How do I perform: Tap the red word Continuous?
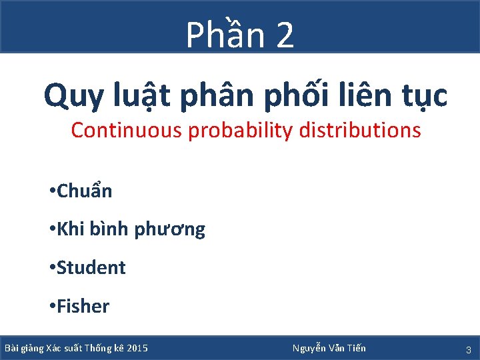[x=127, y=130]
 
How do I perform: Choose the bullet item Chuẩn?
[x=84, y=192]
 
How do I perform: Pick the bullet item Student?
[x=91, y=267]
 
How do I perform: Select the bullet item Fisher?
[x=83, y=306]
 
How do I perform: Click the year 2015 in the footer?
[x=137, y=348]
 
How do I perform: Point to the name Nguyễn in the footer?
[x=309, y=348]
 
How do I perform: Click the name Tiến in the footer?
[x=355, y=348]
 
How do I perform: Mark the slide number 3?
[x=468, y=349]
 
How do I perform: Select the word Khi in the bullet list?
[x=69, y=229]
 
